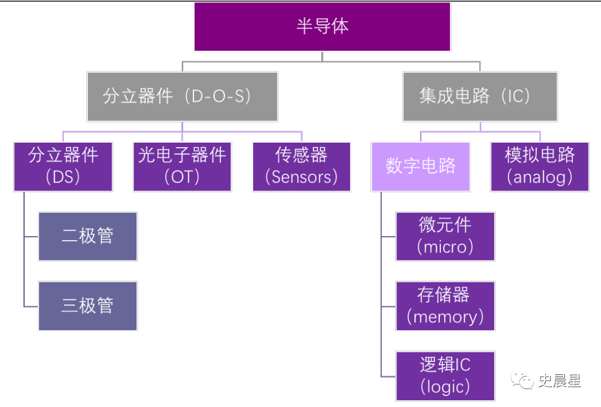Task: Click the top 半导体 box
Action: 322,26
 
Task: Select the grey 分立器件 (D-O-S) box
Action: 183,96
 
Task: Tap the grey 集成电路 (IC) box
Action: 480,96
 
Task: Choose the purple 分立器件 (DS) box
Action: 63,167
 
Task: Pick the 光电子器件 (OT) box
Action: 182,167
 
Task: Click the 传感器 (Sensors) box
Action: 301,167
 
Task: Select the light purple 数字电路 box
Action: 421,167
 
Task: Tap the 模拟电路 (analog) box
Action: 540,167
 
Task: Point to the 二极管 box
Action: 88,236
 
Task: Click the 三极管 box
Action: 88,306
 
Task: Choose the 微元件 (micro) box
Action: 445,236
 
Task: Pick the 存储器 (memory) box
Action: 445,306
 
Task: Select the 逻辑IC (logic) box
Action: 445,376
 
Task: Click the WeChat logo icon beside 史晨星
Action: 522,380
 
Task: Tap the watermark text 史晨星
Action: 560,381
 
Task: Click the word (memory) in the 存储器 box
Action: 445,317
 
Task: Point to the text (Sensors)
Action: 301,177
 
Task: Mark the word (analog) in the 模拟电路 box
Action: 540,177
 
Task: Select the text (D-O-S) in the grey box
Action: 218,96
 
